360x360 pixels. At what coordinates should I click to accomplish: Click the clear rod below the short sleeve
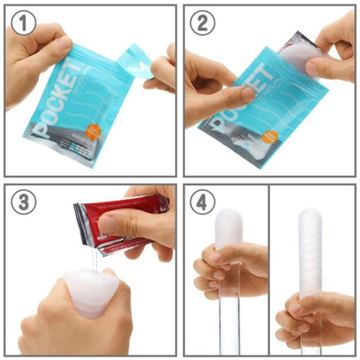224,325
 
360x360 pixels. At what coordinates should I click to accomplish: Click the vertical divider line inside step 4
268,277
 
